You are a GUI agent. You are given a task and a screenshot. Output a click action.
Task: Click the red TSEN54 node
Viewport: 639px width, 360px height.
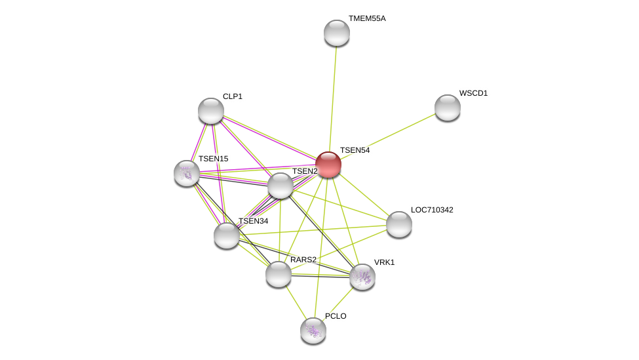(328, 165)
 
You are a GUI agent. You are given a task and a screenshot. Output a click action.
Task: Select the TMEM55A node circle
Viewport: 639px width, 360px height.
(337, 33)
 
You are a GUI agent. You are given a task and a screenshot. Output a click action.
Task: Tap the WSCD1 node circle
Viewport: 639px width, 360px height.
(448, 108)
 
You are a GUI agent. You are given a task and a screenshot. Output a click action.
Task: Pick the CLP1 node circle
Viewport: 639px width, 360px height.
(211, 111)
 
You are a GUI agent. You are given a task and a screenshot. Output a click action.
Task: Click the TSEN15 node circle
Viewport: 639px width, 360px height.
(187, 173)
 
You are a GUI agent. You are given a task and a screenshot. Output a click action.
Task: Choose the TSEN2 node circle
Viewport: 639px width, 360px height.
(281, 186)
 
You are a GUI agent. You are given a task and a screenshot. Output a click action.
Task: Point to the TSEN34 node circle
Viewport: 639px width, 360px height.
(227, 235)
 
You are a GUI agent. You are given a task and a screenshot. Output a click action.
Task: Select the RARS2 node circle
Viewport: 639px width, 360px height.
(279, 274)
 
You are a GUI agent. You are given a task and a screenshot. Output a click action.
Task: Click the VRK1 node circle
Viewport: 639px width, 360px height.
(362, 277)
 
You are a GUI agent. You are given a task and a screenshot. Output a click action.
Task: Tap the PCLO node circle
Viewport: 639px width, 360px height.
(313, 330)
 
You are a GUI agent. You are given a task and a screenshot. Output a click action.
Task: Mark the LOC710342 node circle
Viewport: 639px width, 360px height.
(399, 224)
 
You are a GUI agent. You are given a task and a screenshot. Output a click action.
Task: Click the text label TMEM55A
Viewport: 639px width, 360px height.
(367, 18)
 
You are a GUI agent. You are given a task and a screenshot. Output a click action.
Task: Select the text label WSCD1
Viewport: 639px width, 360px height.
(473, 93)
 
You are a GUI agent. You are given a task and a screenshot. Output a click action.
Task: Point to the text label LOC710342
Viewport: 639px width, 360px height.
(432, 210)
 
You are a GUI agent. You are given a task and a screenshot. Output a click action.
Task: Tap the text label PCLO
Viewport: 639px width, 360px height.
(336, 316)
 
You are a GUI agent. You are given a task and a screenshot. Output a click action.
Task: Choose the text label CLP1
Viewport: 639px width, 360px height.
(233, 96)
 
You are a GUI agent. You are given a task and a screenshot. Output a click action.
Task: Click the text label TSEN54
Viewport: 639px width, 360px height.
(355, 150)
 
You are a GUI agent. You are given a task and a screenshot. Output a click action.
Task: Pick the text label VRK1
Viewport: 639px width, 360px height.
(384, 262)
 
